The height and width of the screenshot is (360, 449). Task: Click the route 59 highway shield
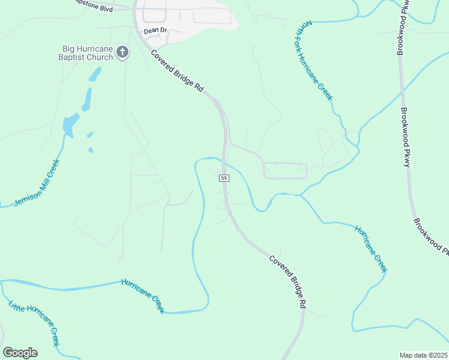click(223, 178)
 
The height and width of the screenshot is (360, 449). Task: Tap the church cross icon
click(122, 52)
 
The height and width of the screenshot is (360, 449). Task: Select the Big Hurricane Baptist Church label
click(88, 53)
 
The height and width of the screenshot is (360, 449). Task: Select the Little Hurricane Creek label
click(34, 322)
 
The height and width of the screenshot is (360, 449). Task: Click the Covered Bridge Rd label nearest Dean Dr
click(178, 70)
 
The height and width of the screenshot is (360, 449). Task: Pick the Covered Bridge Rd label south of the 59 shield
click(288, 282)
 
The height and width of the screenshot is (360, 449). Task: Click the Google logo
click(20, 352)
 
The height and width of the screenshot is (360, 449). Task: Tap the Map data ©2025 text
click(424, 355)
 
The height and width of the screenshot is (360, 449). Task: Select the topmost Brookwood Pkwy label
click(402, 28)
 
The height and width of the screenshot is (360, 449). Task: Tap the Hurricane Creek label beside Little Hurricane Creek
click(143, 295)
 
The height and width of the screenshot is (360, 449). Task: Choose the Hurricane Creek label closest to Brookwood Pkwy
click(371, 249)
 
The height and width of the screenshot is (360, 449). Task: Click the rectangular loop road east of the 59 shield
click(285, 170)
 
